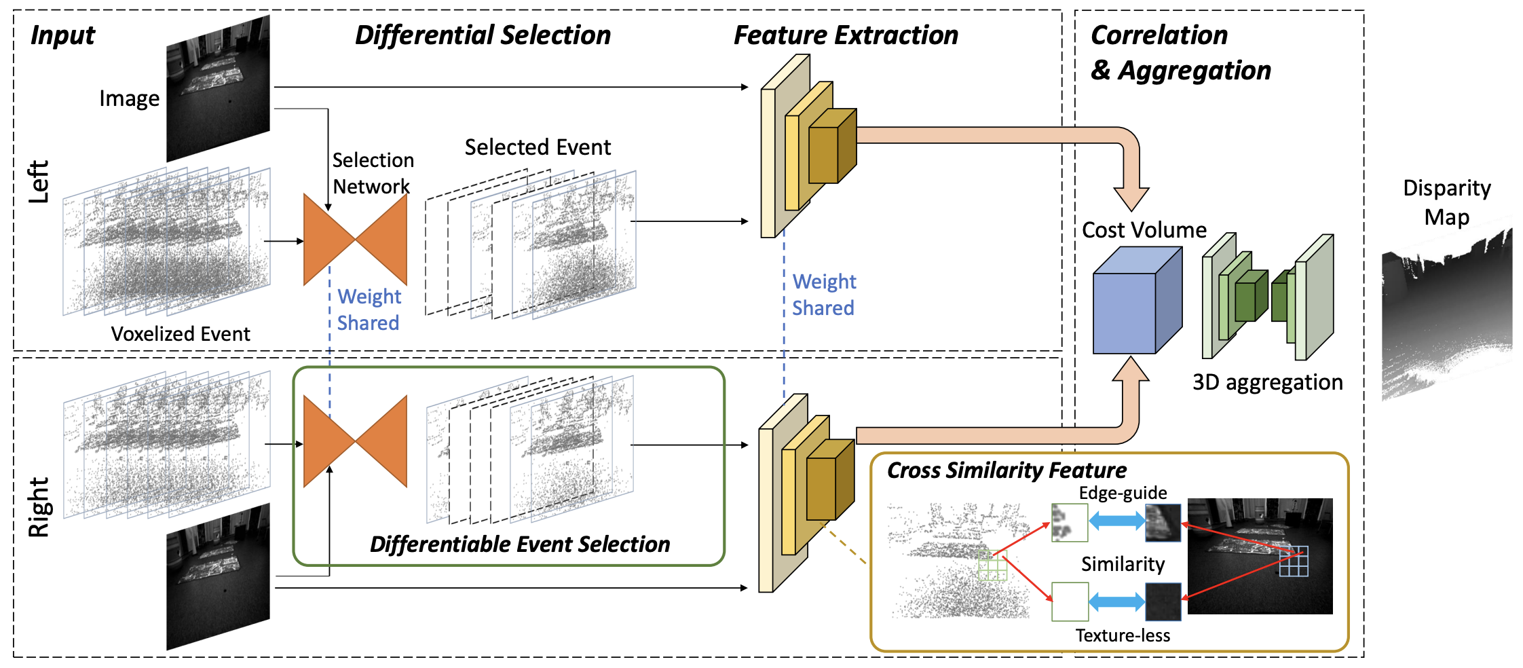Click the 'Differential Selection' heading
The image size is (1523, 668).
click(483, 35)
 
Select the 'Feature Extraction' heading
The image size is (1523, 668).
click(846, 35)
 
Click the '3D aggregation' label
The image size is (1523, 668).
click(1267, 382)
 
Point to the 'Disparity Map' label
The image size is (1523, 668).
click(1446, 202)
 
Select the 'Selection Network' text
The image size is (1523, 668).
click(372, 173)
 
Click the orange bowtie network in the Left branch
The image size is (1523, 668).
click(355, 239)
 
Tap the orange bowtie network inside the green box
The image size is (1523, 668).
click(355, 441)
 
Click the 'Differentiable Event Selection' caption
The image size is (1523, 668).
click(519, 544)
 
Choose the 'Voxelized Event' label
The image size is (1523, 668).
click(181, 334)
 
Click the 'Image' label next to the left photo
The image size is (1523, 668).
click(129, 99)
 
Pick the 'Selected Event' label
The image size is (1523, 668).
click(537, 147)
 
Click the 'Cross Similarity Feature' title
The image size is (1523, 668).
click(1006, 470)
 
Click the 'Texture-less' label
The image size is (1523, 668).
click(1123, 635)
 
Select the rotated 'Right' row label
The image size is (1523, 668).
click(39, 507)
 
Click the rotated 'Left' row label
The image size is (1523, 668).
click(39, 182)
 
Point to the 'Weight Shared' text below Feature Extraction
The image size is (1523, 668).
click(823, 295)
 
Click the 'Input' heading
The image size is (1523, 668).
click(62, 35)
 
